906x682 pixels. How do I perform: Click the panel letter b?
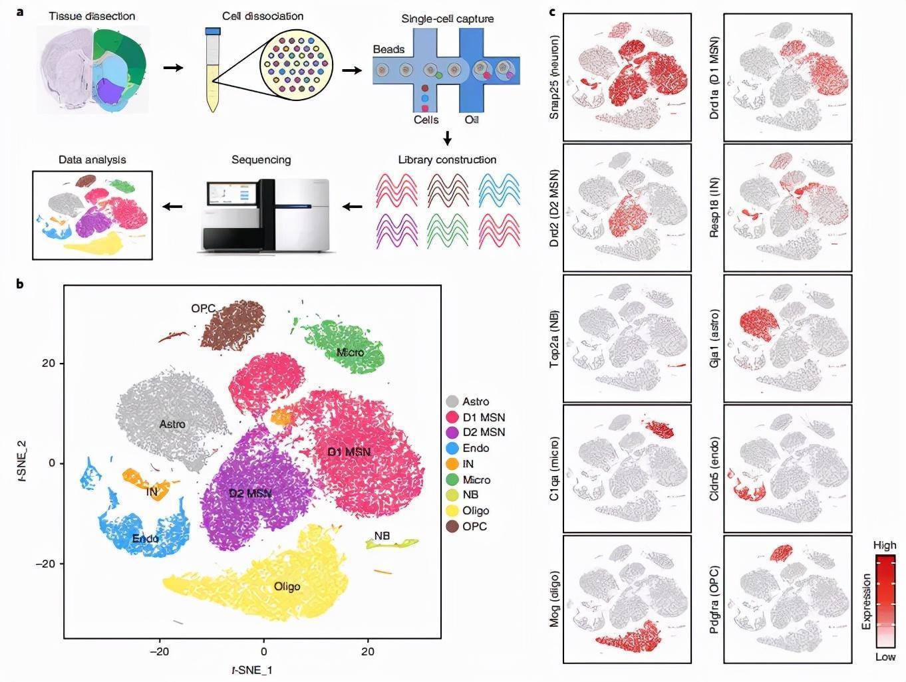pyautogui.click(x=20, y=284)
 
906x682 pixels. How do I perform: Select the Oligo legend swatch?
pyautogui.click(x=452, y=511)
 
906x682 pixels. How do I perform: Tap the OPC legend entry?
pyautogui.click(x=475, y=526)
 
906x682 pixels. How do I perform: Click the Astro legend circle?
pyautogui.click(x=452, y=401)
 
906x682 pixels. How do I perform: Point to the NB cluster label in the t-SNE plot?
pyautogui.click(x=382, y=536)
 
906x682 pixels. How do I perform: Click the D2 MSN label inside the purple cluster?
pyautogui.click(x=250, y=493)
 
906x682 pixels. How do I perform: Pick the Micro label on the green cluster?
pyautogui.click(x=350, y=352)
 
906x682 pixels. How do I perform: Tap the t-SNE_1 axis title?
pyautogui.click(x=251, y=670)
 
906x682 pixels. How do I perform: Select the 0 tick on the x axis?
pyautogui.click(x=264, y=651)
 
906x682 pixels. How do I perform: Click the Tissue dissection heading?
pyautogui.click(x=92, y=15)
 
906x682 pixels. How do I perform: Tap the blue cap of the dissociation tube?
pyautogui.click(x=213, y=31)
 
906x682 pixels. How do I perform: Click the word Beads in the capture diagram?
pyautogui.click(x=388, y=49)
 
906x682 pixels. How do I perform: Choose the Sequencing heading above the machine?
pyautogui.click(x=261, y=160)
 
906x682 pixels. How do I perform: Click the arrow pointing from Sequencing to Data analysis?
pyautogui.click(x=173, y=206)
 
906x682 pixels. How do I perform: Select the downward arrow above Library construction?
pyautogui.click(x=448, y=138)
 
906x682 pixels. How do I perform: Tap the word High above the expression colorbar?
pyautogui.click(x=885, y=545)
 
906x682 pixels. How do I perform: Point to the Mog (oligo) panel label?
pyautogui.click(x=555, y=599)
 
